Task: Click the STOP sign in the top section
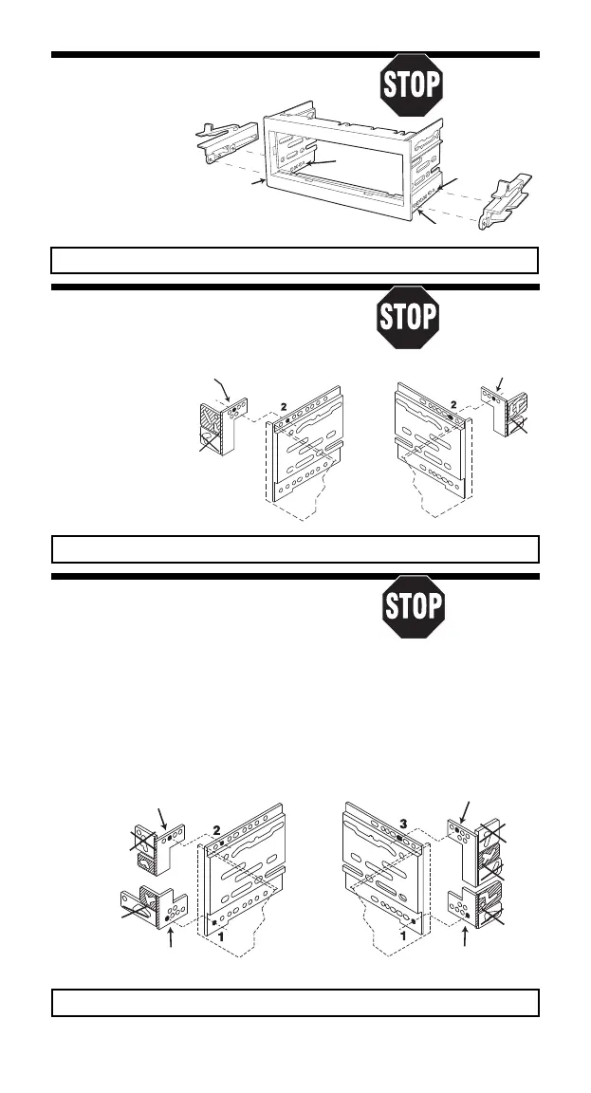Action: click(411, 85)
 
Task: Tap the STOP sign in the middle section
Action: click(407, 316)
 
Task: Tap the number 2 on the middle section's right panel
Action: click(453, 403)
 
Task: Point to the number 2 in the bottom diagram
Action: click(217, 830)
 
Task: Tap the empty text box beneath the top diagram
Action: click(295, 260)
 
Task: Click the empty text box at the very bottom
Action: click(295, 1003)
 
